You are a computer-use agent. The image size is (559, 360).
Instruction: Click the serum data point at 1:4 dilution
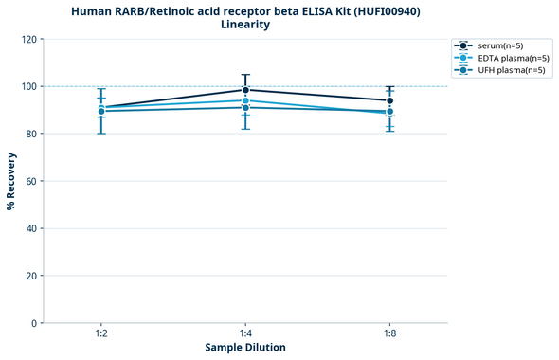(x=245, y=90)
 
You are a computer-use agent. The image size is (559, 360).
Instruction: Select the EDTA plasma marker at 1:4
(x=245, y=100)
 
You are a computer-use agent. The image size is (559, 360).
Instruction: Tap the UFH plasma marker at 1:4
(x=245, y=107)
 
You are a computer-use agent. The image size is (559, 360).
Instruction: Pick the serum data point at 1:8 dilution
(x=389, y=100)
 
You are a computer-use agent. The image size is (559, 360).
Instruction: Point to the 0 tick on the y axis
(x=35, y=323)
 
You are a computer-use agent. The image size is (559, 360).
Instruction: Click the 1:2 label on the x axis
(x=101, y=334)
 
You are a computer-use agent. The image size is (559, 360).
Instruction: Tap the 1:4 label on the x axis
(x=245, y=334)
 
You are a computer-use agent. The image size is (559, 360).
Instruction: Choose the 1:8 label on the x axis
(x=389, y=334)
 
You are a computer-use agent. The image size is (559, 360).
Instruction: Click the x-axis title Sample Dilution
(x=245, y=348)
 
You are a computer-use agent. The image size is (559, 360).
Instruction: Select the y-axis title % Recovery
(x=11, y=181)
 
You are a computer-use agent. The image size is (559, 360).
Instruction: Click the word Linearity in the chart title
(x=245, y=25)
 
